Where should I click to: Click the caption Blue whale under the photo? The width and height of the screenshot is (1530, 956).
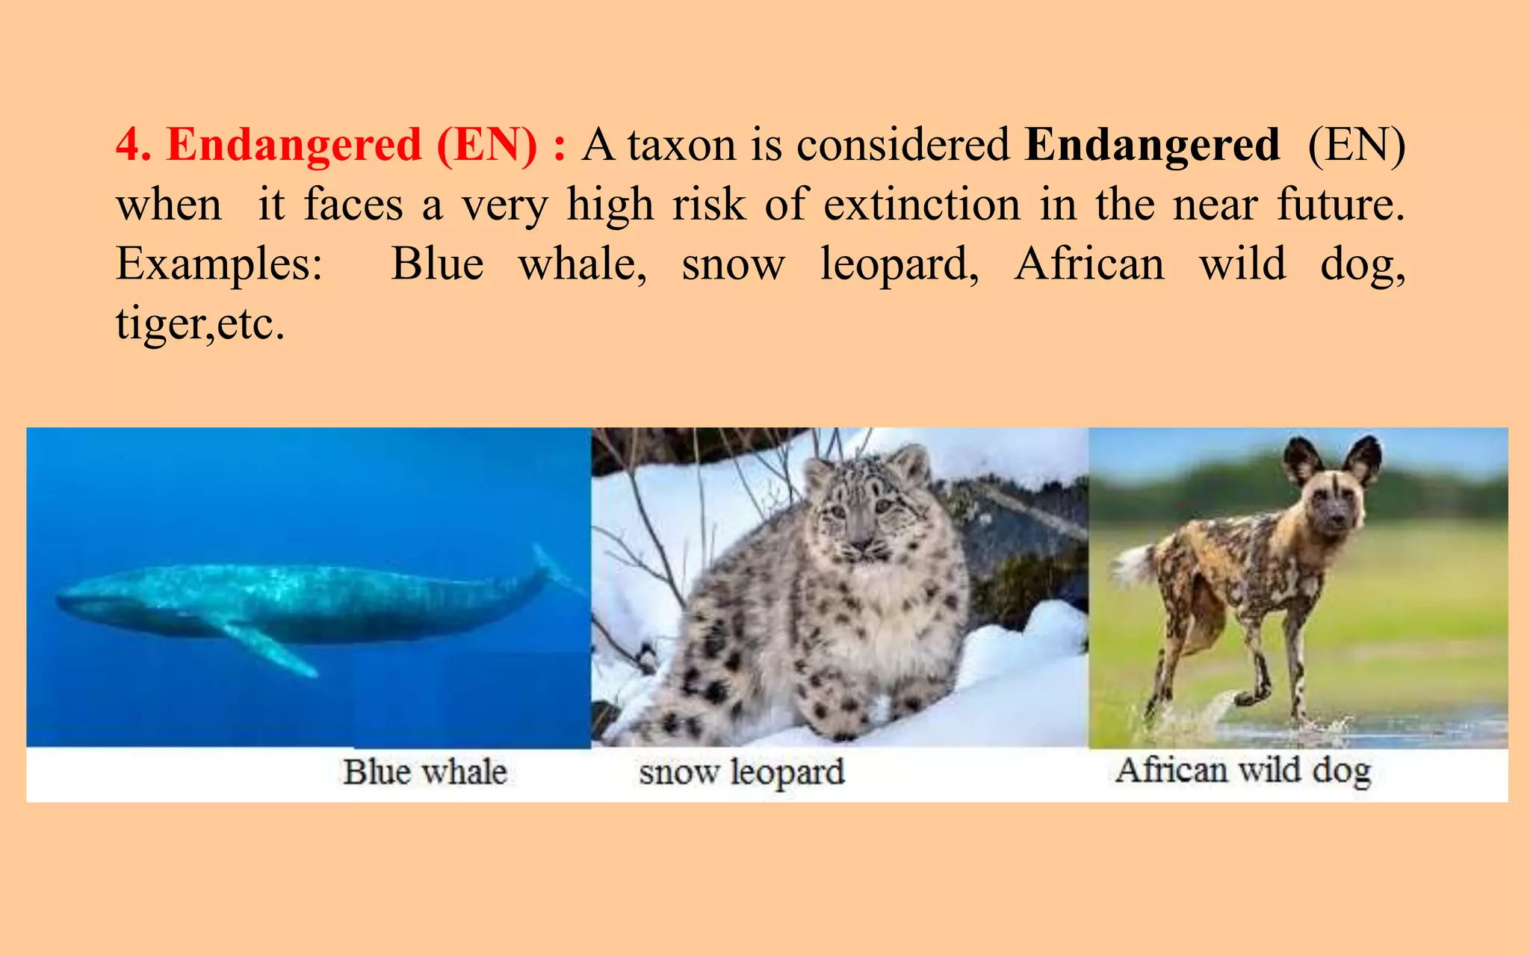point(425,772)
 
